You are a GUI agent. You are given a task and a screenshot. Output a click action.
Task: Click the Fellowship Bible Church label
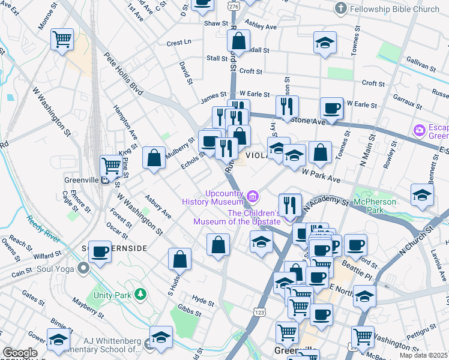[x=395, y=9]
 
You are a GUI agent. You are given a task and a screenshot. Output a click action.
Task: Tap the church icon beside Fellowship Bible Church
[x=342, y=8]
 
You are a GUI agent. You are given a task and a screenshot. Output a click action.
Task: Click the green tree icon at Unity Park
[x=140, y=294]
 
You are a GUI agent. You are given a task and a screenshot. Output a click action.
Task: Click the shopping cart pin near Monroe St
[x=62, y=40]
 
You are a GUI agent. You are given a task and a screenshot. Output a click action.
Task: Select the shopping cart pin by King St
[x=111, y=165]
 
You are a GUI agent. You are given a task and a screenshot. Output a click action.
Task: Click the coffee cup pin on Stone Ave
[x=331, y=109]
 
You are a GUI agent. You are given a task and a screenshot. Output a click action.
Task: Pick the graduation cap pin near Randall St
[x=325, y=43]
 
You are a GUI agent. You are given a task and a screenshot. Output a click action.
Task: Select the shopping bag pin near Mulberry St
[x=154, y=158]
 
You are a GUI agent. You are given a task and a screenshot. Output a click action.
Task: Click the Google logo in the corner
[x=20, y=353]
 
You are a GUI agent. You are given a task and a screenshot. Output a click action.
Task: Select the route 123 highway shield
[x=259, y=313]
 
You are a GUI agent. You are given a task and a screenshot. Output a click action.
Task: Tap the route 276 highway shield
[x=233, y=5]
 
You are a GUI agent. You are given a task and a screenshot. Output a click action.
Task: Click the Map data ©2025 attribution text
[x=424, y=355]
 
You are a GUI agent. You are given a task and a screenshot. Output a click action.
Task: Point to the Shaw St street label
[x=217, y=23]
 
